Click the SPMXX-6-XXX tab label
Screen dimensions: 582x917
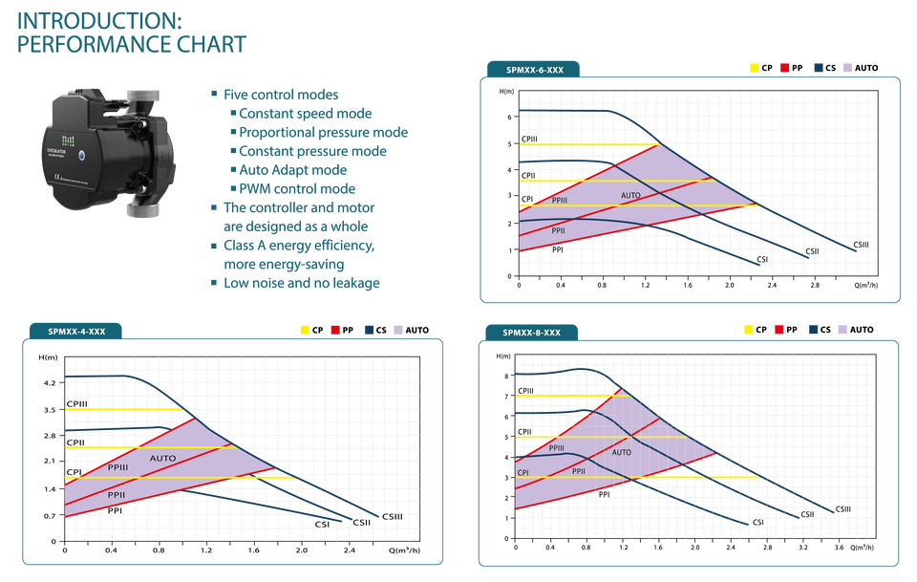(535, 69)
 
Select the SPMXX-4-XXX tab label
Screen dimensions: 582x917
(76, 332)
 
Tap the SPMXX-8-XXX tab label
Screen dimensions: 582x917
(531, 333)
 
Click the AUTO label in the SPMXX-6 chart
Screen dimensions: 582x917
(631, 196)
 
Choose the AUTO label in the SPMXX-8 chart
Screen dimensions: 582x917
(622, 452)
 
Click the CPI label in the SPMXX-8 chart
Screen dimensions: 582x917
(523, 472)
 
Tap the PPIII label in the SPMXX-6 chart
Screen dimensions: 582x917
(559, 202)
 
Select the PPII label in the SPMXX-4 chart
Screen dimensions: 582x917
(117, 494)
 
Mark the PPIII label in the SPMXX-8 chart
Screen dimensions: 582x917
(556, 447)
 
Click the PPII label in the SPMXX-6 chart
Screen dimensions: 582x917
(559, 230)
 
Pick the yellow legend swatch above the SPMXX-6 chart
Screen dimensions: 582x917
(755, 68)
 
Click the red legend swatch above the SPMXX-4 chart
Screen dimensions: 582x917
(334, 329)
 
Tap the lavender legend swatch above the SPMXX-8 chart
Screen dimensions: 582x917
(843, 329)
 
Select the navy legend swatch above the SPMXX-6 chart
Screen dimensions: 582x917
(818, 68)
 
